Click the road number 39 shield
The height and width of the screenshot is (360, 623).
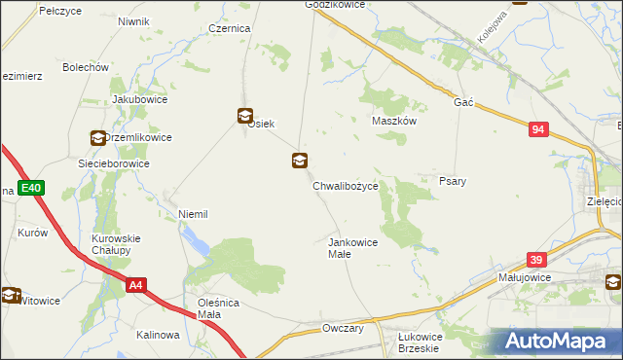[535, 260]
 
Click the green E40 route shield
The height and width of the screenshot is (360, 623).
[30, 188]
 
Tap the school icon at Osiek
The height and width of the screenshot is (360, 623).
[244, 115]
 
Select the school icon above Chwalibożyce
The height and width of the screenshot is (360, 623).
[300, 161]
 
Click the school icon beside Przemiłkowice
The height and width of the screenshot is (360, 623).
[97, 138]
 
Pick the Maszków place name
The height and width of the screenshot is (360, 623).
[394, 121]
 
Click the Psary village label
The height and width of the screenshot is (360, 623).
[452, 181]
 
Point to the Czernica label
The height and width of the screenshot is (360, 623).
[230, 29]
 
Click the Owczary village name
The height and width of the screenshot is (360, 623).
[343, 329]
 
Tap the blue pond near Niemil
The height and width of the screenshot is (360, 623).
[197, 242]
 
